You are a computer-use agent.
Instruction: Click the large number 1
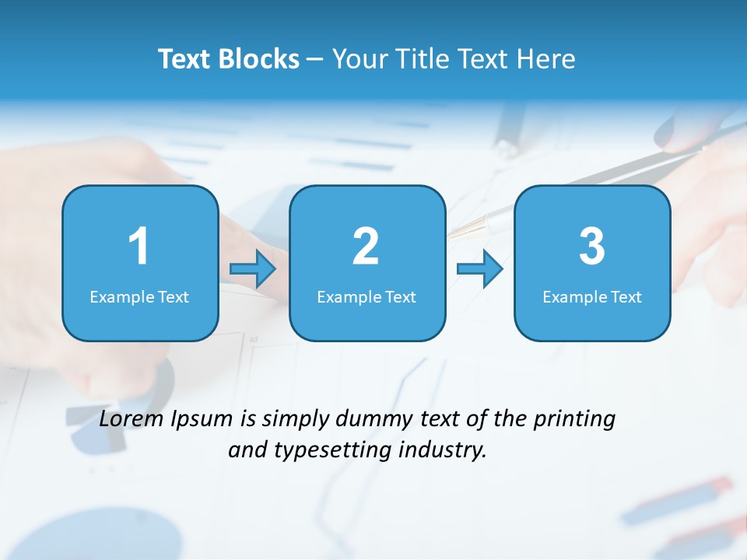[139, 247]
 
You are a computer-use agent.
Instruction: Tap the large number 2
[366, 247]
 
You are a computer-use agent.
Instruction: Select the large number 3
[592, 247]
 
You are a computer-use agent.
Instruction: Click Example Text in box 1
[139, 297]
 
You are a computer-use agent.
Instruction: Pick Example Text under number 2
[366, 297]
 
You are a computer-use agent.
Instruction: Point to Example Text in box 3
[592, 297]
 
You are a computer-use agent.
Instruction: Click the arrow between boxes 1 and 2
[253, 269]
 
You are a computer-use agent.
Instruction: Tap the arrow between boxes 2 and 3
[479, 269]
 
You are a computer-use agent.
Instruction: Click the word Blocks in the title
[261, 59]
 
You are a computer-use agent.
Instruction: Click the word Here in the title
[548, 59]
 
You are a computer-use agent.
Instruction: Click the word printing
[574, 420]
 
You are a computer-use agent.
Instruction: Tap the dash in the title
[315, 60]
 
